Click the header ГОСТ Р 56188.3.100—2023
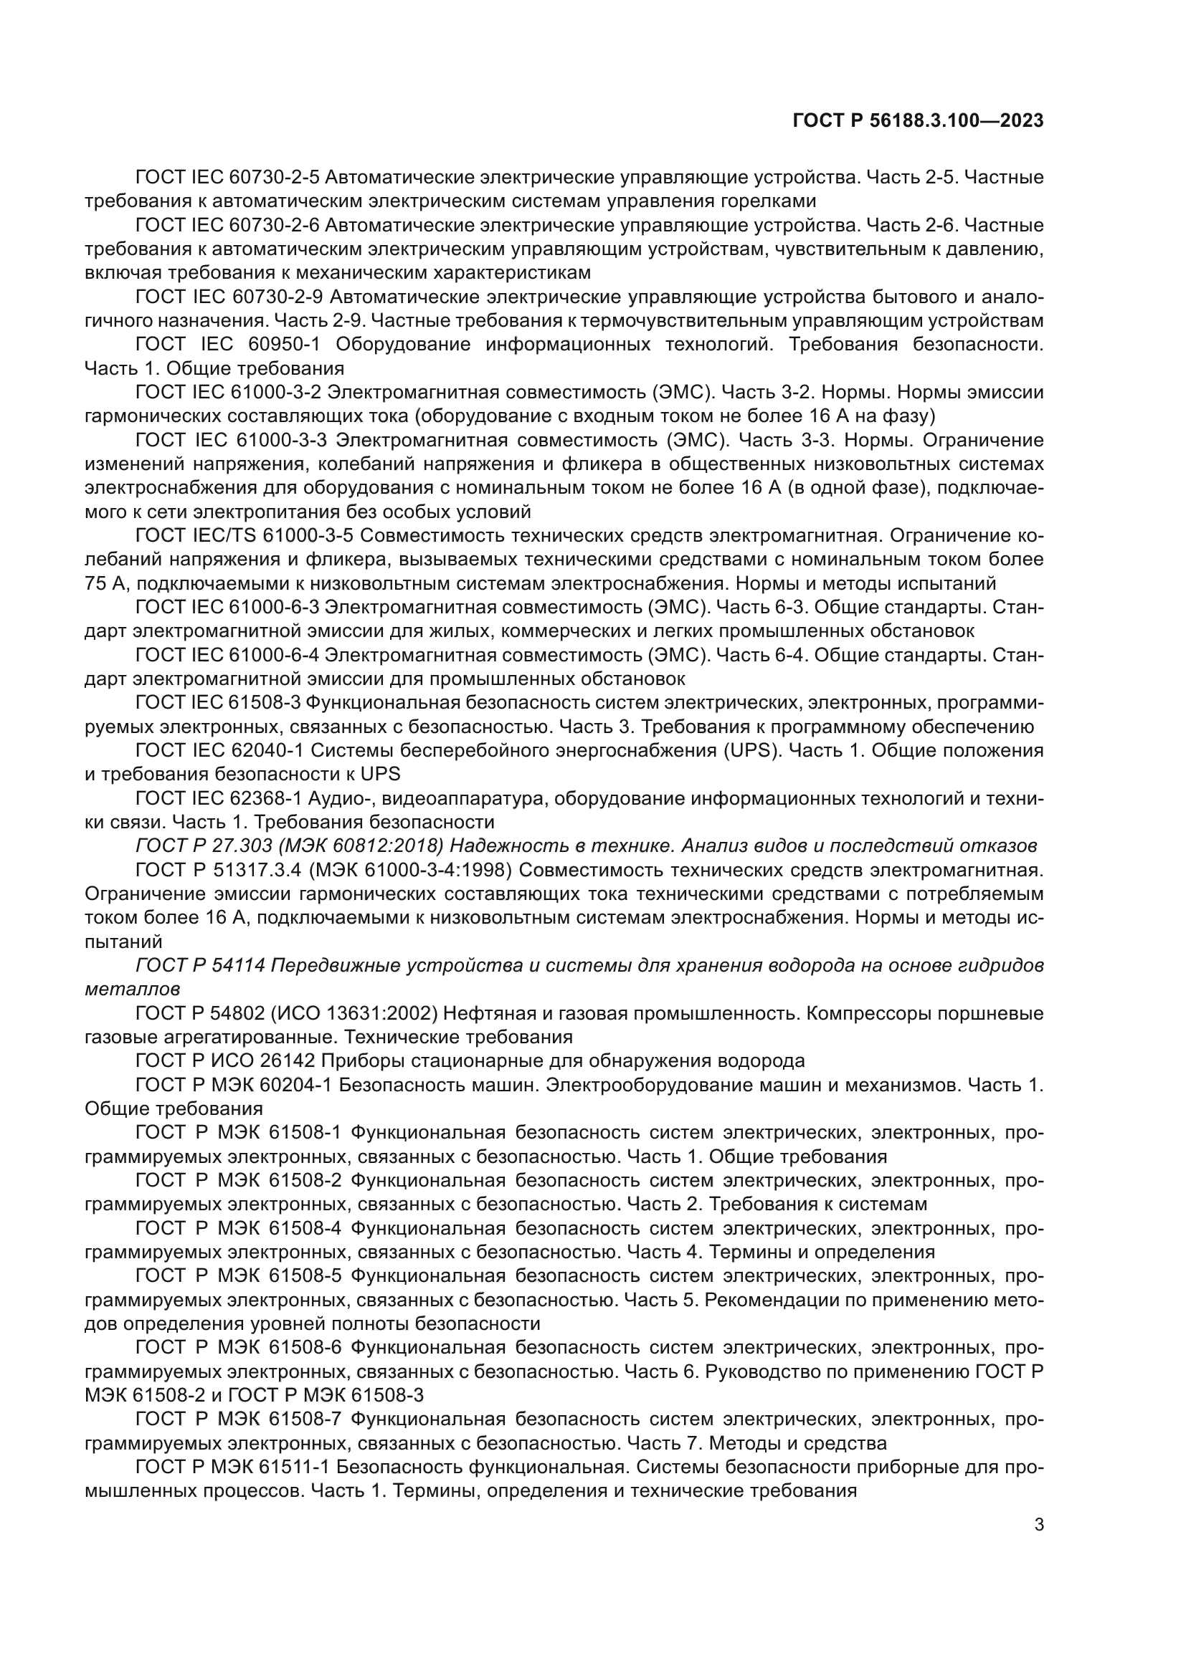918,121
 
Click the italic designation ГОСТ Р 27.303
192,846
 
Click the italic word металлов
131,989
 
